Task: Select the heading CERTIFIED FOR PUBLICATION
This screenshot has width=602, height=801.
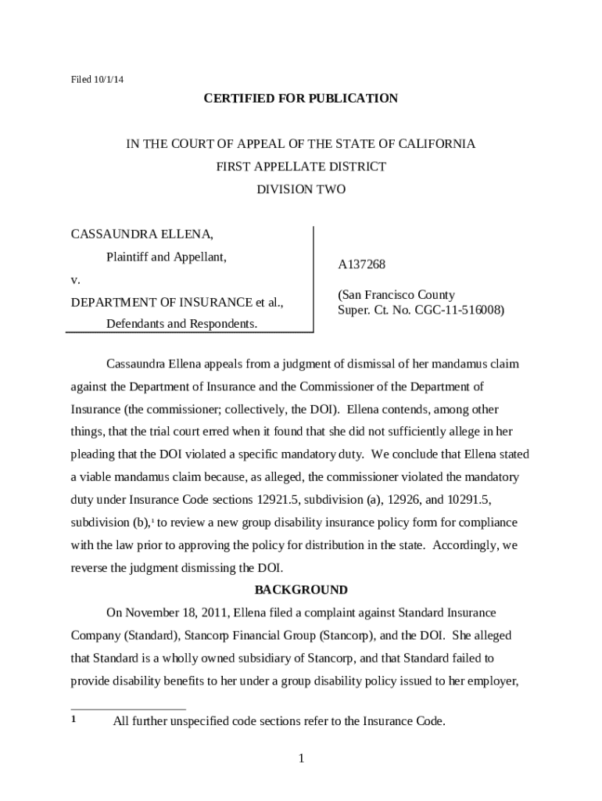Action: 301,98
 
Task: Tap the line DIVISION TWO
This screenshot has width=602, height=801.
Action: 301,189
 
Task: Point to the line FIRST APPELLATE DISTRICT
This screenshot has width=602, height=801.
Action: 301,167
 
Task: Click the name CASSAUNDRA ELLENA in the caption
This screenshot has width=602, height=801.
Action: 142,234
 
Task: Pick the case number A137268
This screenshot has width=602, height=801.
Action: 361,265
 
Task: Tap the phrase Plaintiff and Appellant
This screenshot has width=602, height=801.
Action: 167,257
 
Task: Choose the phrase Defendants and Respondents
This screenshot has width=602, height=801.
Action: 181,324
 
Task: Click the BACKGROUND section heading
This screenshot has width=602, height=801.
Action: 301,590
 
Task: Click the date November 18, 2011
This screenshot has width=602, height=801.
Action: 177,612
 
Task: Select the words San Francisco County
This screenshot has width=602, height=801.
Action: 396,295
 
